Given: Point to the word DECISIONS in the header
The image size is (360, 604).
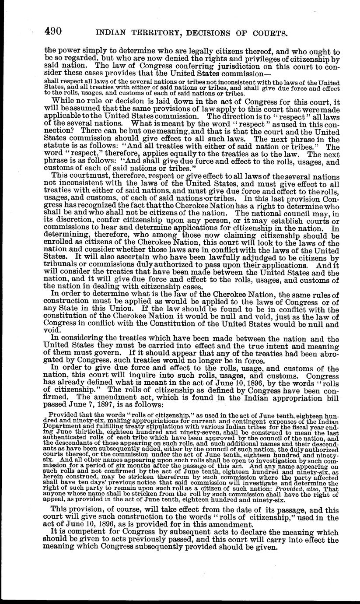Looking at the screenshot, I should pos(206,33).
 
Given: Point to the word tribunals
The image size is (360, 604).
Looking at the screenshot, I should pos(62,266).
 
